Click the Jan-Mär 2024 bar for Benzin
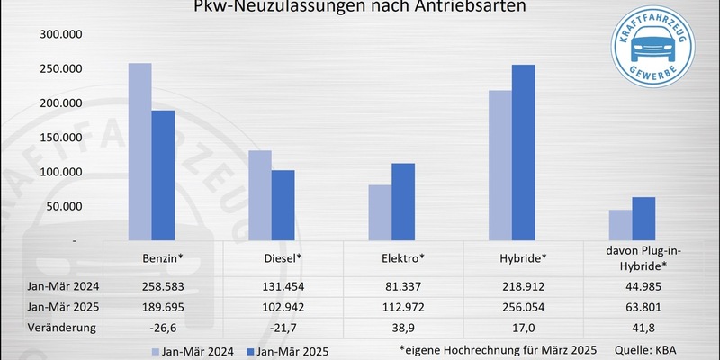tap(139, 152)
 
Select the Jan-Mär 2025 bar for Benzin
tap(162, 175)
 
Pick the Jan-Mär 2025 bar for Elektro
tap(403, 202)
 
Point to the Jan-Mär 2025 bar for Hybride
tap(523, 153)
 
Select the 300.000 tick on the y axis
tap(61, 35)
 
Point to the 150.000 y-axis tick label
tap(61, 138)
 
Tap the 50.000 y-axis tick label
tap(65, 206)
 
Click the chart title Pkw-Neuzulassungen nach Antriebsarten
tap(360, 8)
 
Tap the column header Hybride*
tap(523, 258)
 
